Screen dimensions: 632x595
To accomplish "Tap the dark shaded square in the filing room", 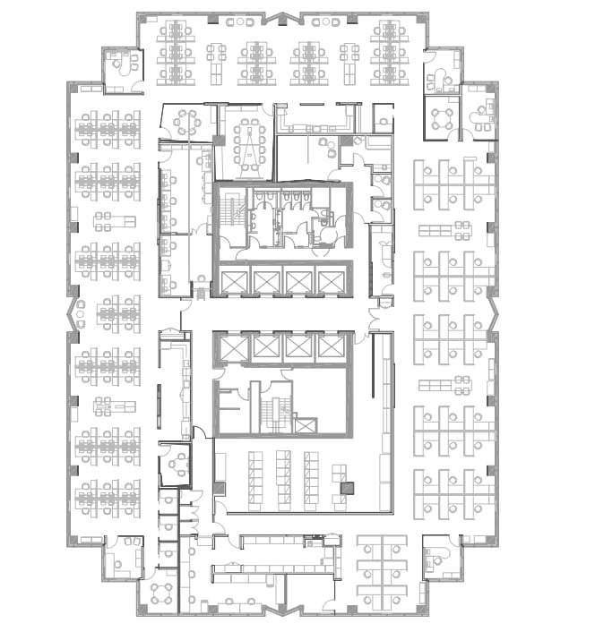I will pos(347,489).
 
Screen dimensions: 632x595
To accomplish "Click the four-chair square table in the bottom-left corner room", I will pos(164,592).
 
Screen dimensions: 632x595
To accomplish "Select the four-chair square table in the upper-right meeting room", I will pos(440,116).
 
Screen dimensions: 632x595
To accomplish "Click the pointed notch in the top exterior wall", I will pos(288,15).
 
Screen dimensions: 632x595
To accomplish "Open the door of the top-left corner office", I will pos(135,85).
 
